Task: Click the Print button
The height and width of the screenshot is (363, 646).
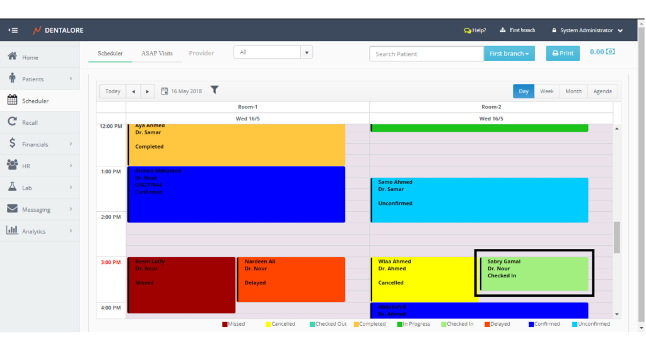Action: coord(563,54)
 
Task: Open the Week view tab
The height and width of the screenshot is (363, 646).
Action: coord(546,91)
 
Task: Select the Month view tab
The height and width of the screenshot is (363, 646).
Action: coord(573,91)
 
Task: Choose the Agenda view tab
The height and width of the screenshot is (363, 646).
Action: coord(602,91)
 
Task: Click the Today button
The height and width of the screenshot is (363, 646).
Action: coord(113,91)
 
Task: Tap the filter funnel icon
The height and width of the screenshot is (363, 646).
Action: coord(214,91)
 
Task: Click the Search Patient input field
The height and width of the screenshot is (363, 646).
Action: coord(426,54)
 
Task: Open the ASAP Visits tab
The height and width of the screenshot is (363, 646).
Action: coord(156,54)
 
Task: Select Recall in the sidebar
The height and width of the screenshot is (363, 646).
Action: coord(30,122)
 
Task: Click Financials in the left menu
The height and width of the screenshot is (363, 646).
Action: coord(35,144)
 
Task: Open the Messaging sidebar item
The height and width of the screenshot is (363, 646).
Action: coord(36,209)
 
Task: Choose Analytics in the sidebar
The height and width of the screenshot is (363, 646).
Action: coord(33,231)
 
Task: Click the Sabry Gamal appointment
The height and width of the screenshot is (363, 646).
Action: coord(534,274)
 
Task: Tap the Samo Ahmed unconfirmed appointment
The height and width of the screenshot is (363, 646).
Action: coord(479,200)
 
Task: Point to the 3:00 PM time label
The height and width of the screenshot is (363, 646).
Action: coord(110,262)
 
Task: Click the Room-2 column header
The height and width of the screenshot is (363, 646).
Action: coord(491,107)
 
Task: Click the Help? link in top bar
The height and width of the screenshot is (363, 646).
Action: coord(475,30)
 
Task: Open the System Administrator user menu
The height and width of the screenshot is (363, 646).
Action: coord(587,30)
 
